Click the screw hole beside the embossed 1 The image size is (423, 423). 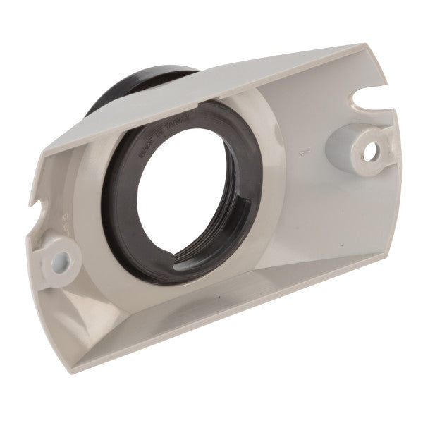tap(372, 149)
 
